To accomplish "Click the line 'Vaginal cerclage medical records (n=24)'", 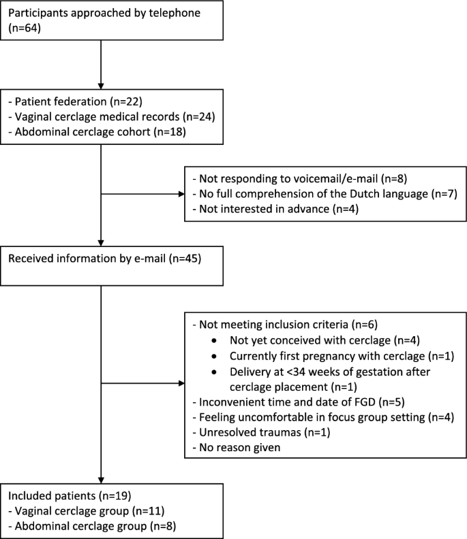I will [x=112, y=117].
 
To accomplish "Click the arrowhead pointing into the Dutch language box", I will [x=181, y=195].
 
